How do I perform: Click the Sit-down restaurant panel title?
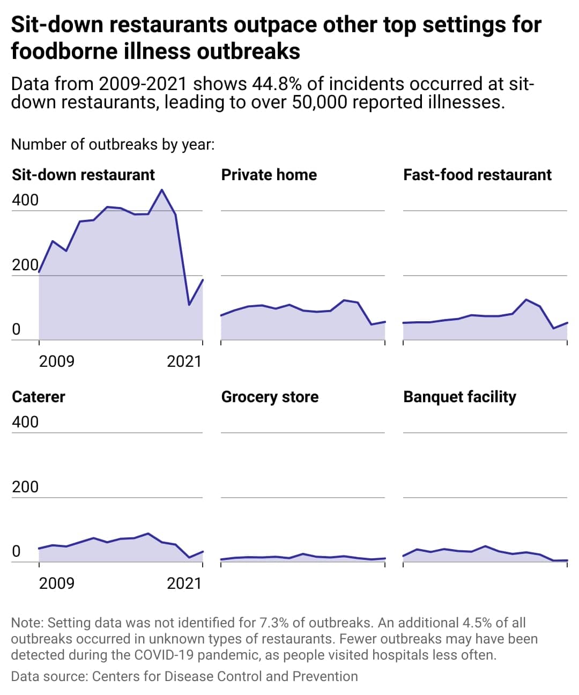point(83,175)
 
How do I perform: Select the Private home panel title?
point(269,175)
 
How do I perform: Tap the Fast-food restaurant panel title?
point(477,175)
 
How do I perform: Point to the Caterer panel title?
point(39,397)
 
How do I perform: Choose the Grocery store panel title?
point(270,397)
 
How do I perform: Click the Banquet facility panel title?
point(459,397)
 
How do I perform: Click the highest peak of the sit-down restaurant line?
point(162,190)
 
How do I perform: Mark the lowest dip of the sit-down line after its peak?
point(189,305)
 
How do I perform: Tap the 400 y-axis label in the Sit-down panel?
point(25,200)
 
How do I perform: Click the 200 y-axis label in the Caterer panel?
point(25,487)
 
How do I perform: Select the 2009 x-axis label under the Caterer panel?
point(57,583)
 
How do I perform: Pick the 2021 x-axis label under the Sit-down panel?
point(184,361)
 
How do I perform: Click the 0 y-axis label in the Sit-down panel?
point(16,329)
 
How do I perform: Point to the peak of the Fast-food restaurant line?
point(526,300)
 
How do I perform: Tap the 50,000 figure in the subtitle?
point(319,102)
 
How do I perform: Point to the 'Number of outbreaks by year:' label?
point(113,145)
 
